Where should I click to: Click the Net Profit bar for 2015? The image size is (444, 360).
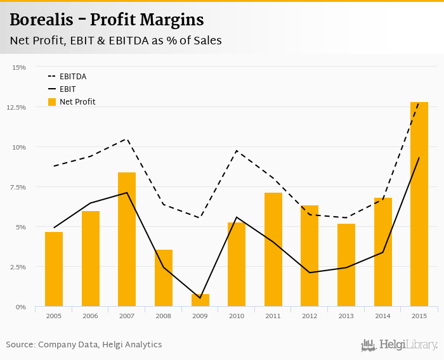(419, 204)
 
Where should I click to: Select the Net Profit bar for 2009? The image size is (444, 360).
(200, 300)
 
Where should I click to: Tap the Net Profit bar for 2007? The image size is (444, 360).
(127, 240)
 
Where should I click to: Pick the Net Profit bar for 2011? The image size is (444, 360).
(273, 250)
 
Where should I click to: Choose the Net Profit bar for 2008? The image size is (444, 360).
(164, 278)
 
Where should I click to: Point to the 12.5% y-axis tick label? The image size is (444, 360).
(16, 107)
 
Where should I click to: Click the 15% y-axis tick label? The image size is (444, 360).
(18, 67)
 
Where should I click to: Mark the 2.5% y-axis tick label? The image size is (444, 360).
(17, 267)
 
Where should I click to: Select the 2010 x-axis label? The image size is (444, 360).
(237, 315)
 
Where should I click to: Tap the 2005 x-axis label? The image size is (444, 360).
(54, 315)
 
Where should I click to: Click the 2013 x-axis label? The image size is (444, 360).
(346, 315)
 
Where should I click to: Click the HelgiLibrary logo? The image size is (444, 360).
(400, 345)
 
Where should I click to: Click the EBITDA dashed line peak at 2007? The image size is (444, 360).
(127, 139)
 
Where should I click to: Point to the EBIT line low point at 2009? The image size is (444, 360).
(200, 298)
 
